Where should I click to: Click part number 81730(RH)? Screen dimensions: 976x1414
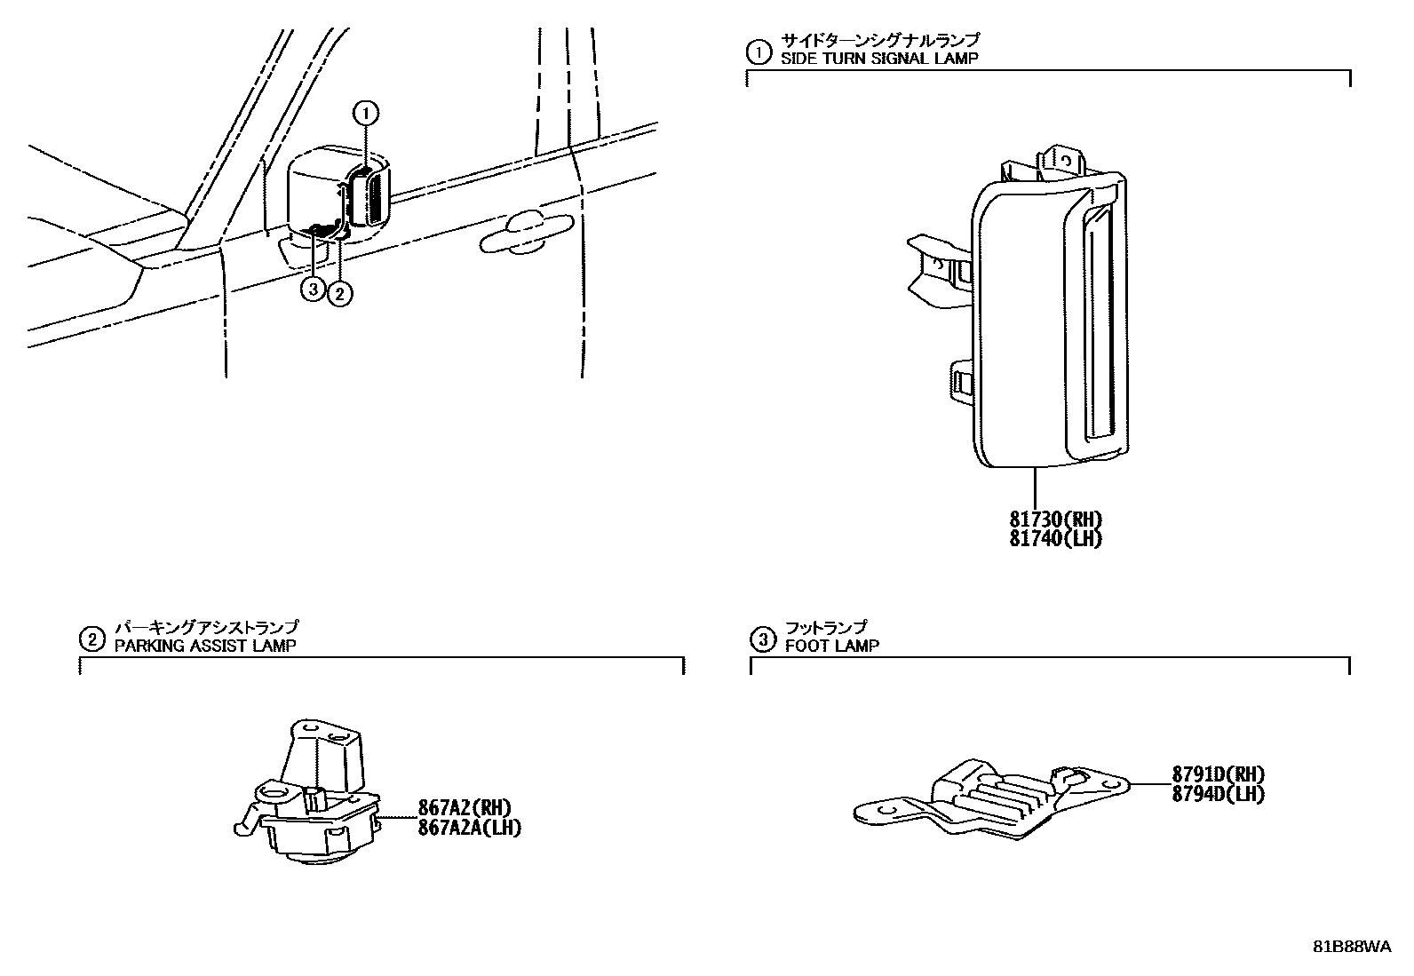point(1056,520)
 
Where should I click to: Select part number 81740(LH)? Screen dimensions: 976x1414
point(1056,538)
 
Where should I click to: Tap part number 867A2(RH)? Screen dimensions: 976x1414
point(465,808)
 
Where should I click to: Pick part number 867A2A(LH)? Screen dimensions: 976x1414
point(469,827)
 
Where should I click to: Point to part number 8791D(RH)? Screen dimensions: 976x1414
point(1218,774)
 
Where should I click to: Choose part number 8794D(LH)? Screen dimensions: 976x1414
point(1218,793)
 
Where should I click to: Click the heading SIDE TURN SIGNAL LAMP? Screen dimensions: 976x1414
point(879,59)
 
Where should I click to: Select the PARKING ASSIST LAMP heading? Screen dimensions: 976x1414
point(206,646)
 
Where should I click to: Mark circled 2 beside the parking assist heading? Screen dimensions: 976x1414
point(91,639)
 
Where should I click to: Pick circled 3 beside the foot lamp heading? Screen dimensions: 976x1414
point(762,639)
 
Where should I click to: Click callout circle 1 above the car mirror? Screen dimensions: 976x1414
point(366,113)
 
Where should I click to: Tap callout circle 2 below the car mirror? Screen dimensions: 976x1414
point(339,292)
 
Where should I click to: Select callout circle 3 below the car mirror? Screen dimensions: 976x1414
point(313,289)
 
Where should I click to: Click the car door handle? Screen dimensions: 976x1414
point(524,233)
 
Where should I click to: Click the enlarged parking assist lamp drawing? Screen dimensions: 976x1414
point(311,795)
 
